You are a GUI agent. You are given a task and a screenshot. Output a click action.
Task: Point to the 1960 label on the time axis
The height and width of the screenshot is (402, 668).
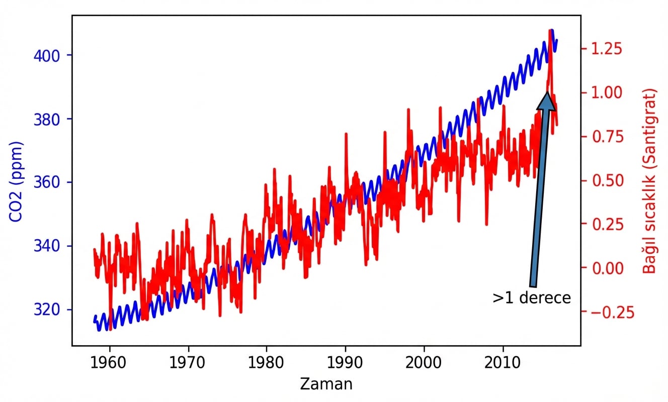coord(110,362)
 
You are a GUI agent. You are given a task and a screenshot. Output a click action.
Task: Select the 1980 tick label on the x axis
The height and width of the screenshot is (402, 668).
coord(267,362)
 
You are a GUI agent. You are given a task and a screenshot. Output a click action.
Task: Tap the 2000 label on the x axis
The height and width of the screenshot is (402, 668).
coord(424,362)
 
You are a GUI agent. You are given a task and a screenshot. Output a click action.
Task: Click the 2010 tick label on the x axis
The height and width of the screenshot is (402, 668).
coord(503,362)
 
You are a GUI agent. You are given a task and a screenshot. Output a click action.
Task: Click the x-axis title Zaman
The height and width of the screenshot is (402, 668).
coord(326,384)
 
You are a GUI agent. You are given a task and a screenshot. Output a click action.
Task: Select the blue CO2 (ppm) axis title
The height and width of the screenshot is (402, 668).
coord(17,182)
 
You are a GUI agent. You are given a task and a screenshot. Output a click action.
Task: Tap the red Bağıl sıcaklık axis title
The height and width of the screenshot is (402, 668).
coord(650,181)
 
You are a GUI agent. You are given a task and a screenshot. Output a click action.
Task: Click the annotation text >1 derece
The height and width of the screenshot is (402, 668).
coord(532,298)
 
